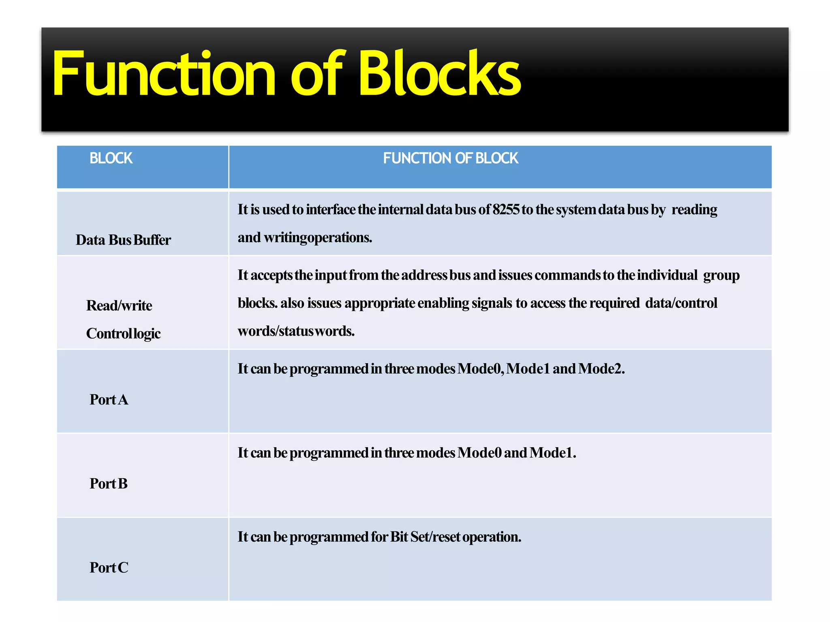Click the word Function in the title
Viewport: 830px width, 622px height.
164,74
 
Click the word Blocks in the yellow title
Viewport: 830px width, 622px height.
439,74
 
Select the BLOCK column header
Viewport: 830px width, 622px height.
111,158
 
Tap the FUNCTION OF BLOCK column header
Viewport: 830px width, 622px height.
450,158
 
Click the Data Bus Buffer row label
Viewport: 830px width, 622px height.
123,240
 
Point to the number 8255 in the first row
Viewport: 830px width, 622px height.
506,210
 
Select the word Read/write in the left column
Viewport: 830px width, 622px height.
119,306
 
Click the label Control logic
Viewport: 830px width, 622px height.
123,334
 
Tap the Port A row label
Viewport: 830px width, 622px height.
109,400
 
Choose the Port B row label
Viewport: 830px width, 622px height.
109,484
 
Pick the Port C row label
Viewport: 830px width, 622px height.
109,568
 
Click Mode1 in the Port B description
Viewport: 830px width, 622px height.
552,453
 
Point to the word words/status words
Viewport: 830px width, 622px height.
296,331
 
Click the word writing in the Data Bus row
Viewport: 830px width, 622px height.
285,238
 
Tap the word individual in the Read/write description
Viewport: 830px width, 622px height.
667,275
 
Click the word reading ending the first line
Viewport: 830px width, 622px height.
694,210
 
